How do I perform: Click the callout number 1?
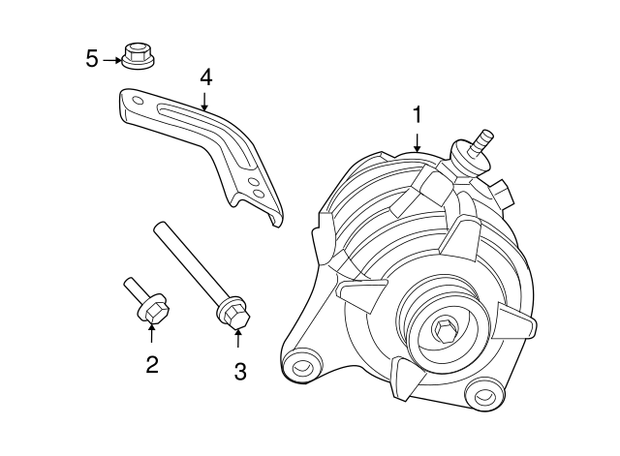[x=417, y=115]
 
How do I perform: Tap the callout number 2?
[x=152, y=365]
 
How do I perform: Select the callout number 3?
[x=240, y=370]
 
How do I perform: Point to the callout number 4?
[x=205, y=76]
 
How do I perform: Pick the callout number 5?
[x=92, y=59]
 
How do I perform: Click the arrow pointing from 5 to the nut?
[x=112, y=59]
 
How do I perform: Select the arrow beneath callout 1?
[x=417, y=141]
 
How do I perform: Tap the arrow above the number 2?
[x=151, y=335]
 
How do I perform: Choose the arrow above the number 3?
[x=239, y=337]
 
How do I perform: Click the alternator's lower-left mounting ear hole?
[x=302, y=368]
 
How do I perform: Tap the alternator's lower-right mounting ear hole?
[x=480, y=396]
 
